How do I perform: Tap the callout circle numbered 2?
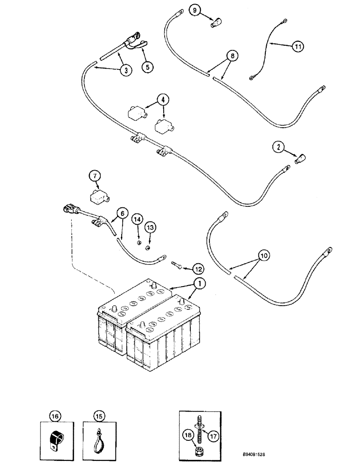click(278, 148)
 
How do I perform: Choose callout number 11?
click(297, 46)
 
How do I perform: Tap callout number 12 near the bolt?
click(198, 268)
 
